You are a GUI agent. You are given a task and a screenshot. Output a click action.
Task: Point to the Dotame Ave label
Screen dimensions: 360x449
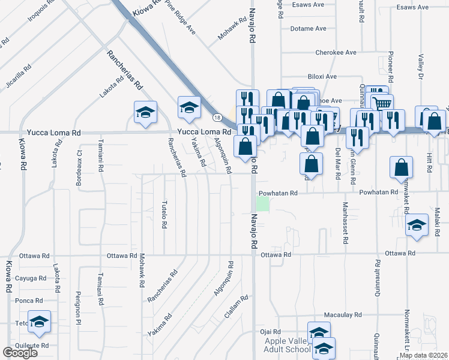[308, 28]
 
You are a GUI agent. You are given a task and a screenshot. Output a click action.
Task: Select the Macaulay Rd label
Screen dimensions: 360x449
[343, 314]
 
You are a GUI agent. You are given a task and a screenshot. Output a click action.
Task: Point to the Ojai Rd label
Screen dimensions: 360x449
[270, 332]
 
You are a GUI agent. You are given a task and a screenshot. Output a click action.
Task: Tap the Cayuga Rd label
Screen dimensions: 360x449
[31, 278]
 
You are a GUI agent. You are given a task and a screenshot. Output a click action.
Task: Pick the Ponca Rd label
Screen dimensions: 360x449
[29, 301]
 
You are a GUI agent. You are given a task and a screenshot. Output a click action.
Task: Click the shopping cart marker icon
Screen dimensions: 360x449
[382, 104]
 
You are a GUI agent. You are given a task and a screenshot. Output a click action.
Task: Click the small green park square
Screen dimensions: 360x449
[263, 204]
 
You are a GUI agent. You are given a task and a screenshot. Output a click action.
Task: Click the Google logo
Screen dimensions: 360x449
[20, 352]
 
